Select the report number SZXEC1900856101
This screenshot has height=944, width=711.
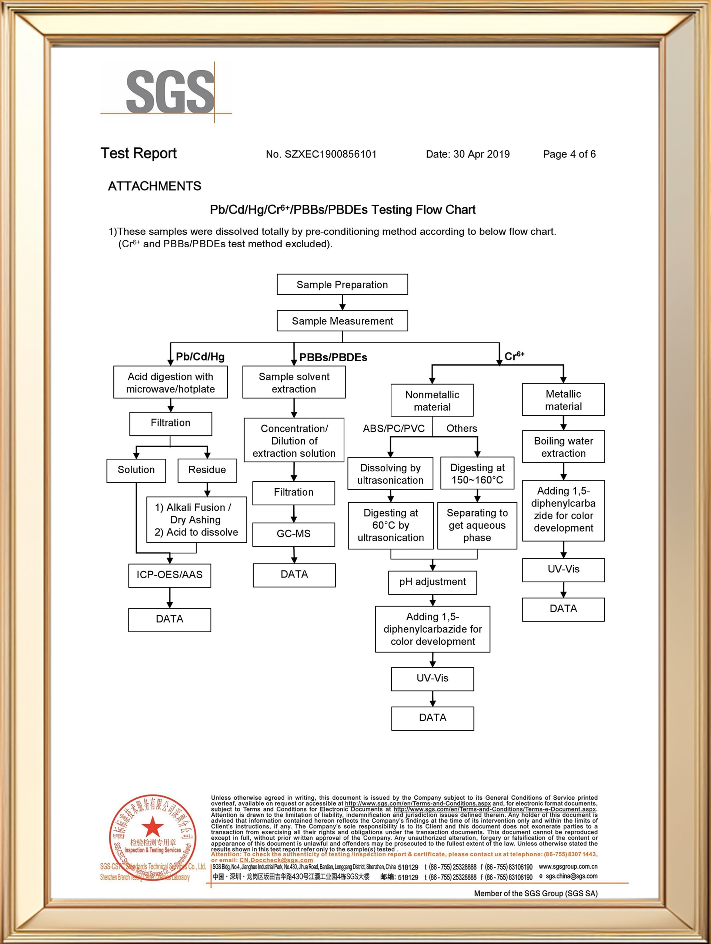click(x=321, y=154)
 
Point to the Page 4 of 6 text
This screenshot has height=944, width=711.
click(x=569, y=154)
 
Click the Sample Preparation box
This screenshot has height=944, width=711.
click(x=342, y=285)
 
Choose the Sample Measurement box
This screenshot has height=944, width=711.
click(x=342, y=321)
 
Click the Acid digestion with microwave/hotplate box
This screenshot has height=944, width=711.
click(x=170, y=382)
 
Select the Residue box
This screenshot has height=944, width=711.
click(x=207, y=470)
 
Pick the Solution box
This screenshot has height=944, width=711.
click(x=136, y=470)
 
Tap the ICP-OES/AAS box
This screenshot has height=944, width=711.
click(x=170, y=575)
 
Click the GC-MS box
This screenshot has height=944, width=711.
click(x=294, y=534)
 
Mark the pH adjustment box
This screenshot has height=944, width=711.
click(x=432, y=582)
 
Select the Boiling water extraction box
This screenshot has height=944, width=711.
click(x=563, y=447)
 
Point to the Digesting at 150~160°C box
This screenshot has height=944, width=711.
click(x=477, y=474)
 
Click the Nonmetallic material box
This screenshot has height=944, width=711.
click(x=432, y=401)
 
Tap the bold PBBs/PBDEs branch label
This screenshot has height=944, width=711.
click(x=333, y=357)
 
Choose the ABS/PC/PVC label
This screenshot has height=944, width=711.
click(x=394, y=428)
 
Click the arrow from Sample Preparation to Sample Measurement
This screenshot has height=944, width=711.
click(x=342, y=302)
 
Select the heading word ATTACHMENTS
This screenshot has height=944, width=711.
click(x=154, y=186)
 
